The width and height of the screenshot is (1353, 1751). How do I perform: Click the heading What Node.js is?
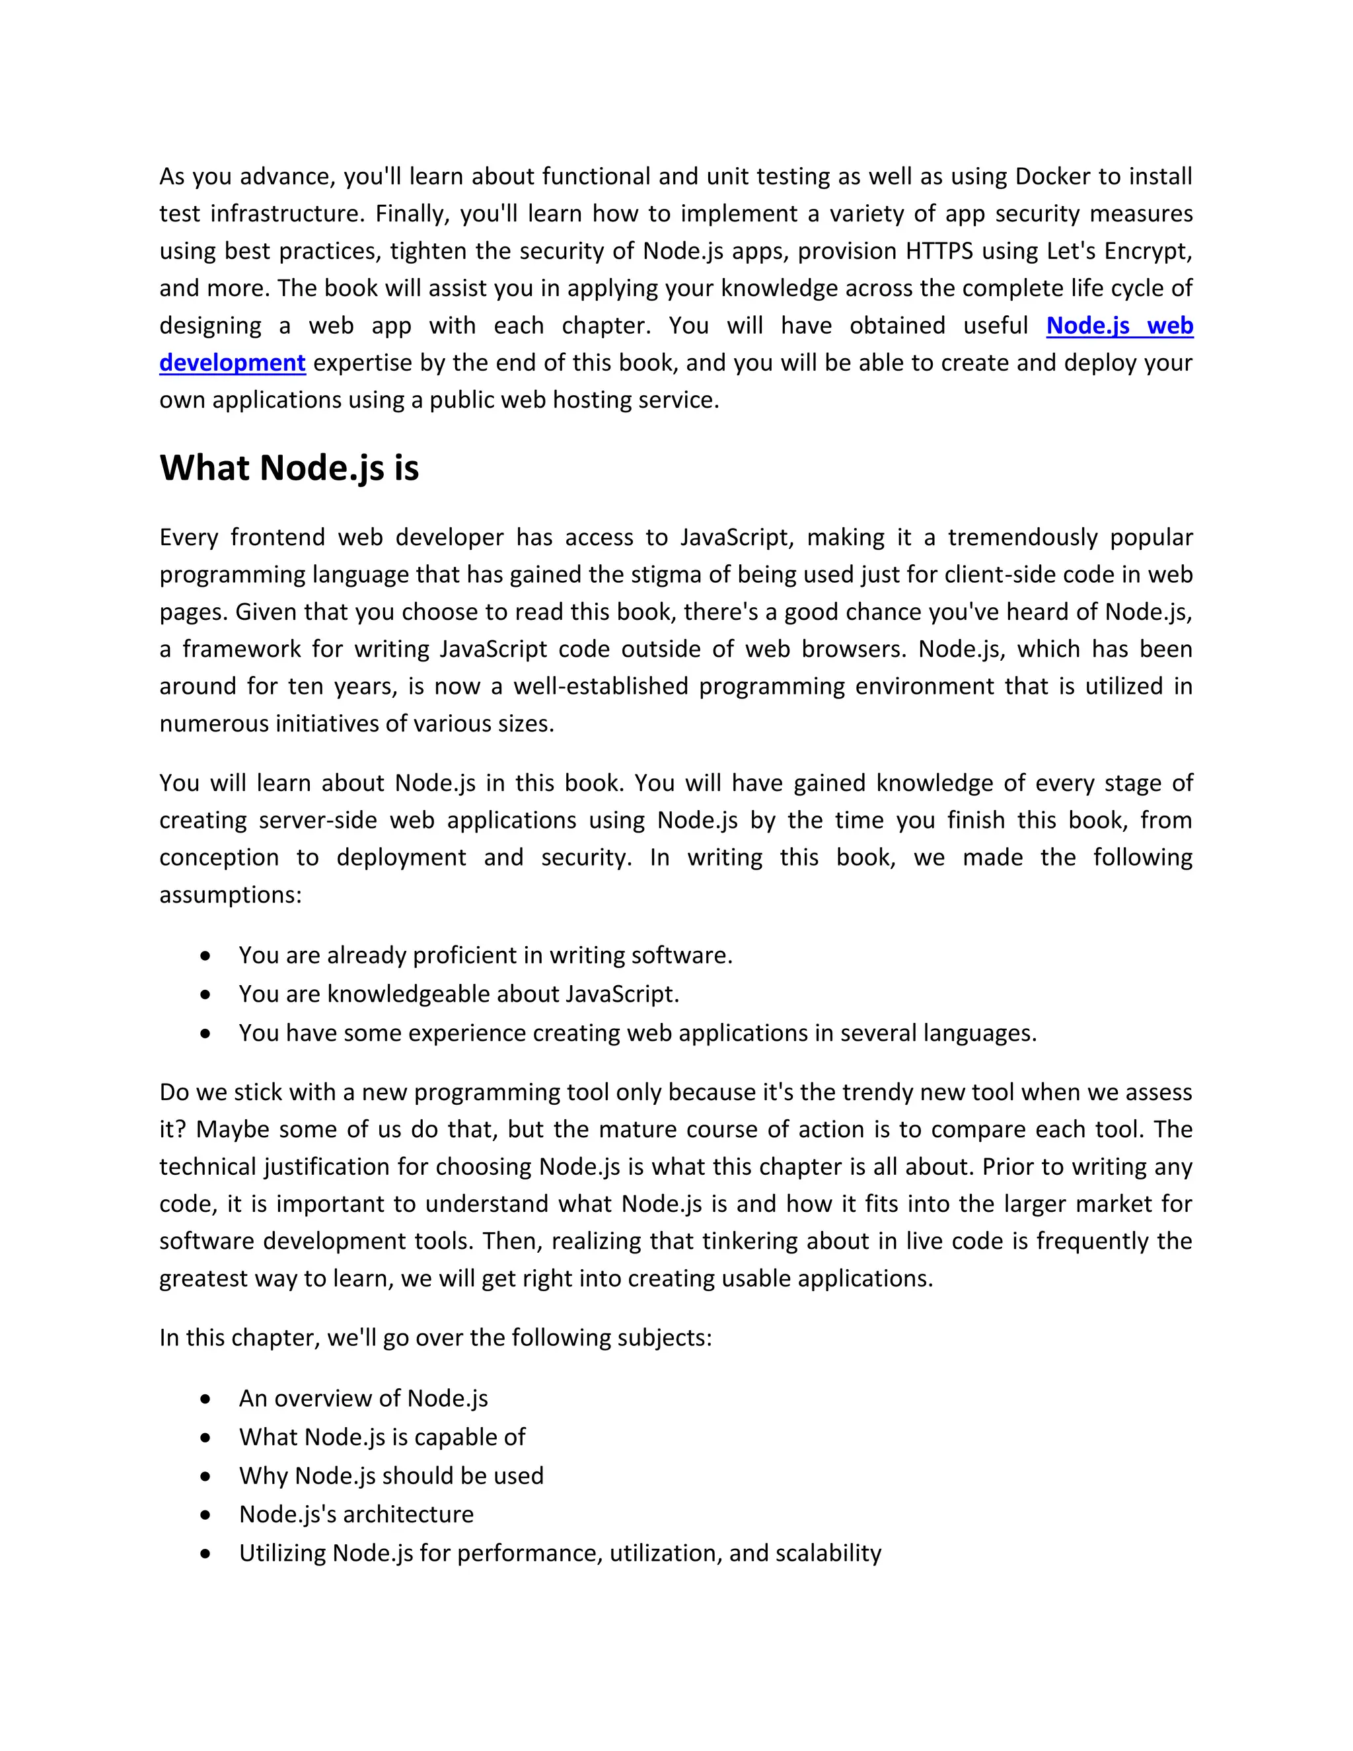[289, 468]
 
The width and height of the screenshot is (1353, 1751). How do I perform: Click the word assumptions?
[230, 895]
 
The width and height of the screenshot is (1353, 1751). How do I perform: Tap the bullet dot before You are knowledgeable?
[206, 995]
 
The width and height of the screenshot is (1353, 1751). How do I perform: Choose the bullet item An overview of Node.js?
[363, 1399]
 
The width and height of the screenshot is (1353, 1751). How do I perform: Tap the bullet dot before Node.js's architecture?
[206, 1515]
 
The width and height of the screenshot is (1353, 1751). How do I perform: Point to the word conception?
[219, 858]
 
